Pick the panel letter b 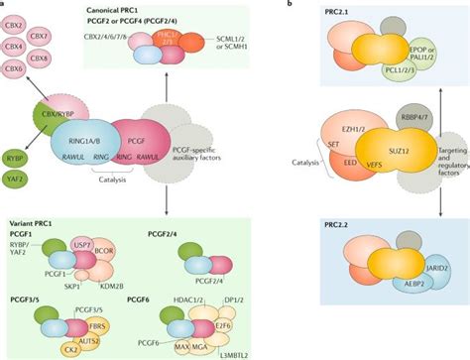pos(288,6)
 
